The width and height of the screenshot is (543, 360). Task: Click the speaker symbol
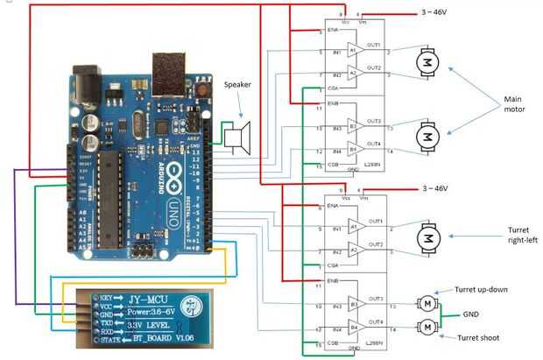(237, 137)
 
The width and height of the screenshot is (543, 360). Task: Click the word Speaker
(238, 85)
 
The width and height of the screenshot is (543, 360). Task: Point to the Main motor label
(516, 105)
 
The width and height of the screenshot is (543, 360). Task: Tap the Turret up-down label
(482, 290)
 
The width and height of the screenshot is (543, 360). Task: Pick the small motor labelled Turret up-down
(428, 303)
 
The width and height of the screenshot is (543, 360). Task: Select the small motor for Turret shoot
(428, 327)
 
